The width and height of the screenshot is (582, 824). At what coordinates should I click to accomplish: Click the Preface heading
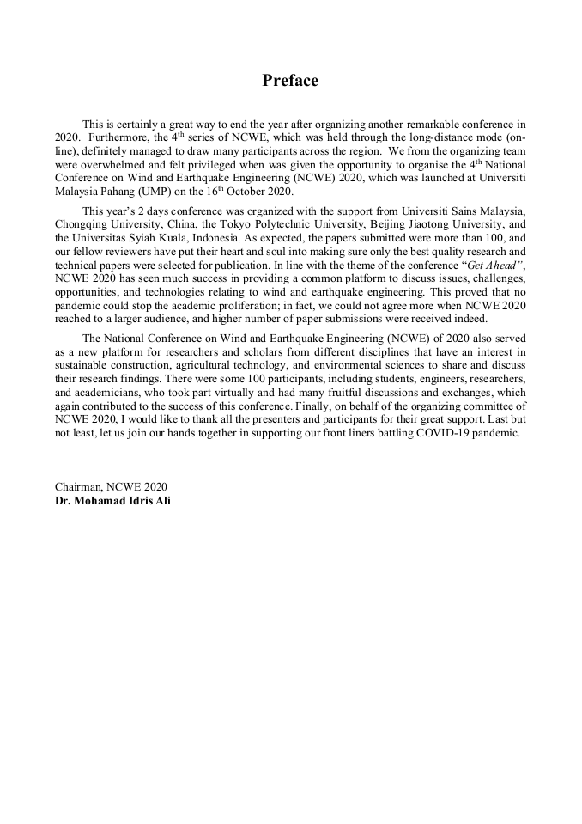pos(290,81)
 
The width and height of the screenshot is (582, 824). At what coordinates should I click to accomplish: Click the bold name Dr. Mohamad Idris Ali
pos(112,500)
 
